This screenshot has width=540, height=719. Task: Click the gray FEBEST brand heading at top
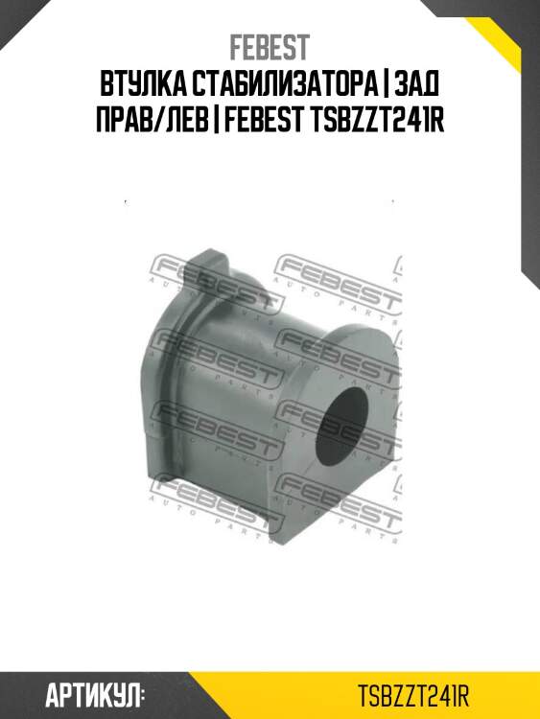pos(270,48)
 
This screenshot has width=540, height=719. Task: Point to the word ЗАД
pos(416,84)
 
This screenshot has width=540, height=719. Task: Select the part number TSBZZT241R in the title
pos(378,120)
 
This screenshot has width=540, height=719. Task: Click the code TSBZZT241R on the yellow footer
pos(413,696)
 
